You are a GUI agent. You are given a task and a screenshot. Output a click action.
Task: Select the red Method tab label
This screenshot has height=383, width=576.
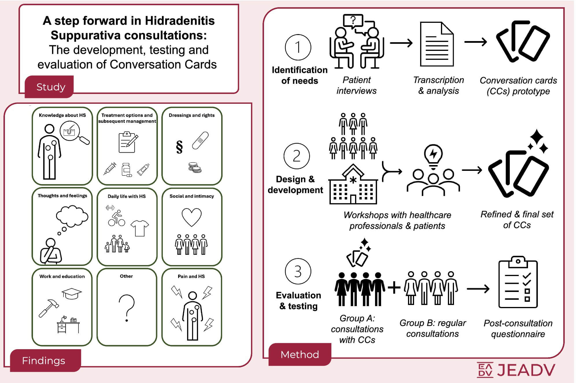click(x=300, y=354)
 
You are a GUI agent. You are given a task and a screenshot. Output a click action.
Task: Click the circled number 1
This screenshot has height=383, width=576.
click(x=298, y=47)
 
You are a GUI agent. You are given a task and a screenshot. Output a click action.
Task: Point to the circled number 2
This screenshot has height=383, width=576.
click(x=297, y=156)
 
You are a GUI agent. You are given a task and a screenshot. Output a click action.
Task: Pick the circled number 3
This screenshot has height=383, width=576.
click(x=298, y=271)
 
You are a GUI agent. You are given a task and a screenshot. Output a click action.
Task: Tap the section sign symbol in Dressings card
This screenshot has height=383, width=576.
click(x=179, y=147)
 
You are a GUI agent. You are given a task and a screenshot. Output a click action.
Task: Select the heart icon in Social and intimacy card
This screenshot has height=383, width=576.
click(x=191, y=217)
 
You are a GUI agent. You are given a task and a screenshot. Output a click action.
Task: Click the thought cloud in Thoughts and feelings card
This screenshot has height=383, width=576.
click(x=72, y=216)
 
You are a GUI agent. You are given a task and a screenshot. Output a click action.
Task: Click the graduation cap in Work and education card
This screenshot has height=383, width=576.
click(x=72, y=294)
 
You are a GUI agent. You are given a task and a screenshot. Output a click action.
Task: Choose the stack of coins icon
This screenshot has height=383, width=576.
click(x=195, y=167)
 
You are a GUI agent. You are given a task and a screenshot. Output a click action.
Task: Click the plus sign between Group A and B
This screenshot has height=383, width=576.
click(x=394, y=288)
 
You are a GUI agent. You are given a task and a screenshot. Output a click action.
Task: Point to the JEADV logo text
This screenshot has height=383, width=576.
click(x=516, y=370)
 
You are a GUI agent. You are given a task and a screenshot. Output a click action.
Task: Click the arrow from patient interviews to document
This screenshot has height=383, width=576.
click(x=401, y=43)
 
